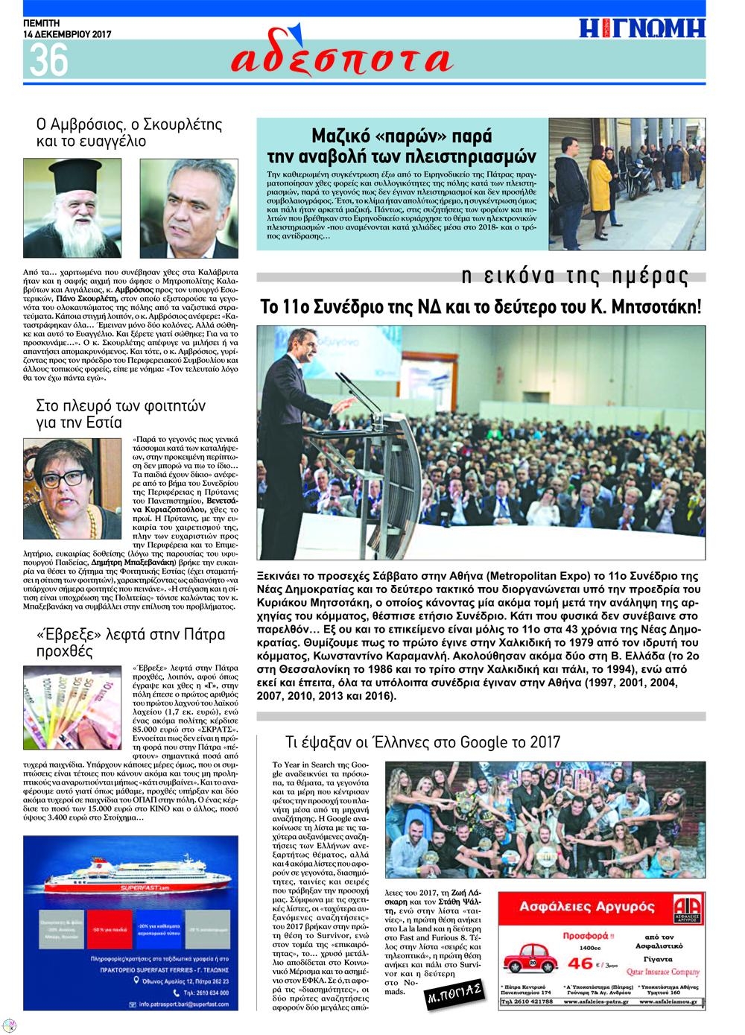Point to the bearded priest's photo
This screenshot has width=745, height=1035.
click(72, 208)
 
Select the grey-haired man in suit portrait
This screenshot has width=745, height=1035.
click(189, 208)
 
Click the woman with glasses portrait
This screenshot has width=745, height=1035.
click(72, 488)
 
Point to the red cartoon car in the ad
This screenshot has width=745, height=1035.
click(530, 958)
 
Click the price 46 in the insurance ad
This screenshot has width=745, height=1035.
click(580, 963)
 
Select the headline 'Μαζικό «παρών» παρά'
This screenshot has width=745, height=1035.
click(402, 136)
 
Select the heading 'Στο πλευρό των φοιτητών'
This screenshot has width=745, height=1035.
click(121, 406)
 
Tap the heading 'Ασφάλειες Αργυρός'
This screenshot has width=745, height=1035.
click(586, 907)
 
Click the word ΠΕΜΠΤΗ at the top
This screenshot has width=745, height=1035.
click(44, 23)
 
